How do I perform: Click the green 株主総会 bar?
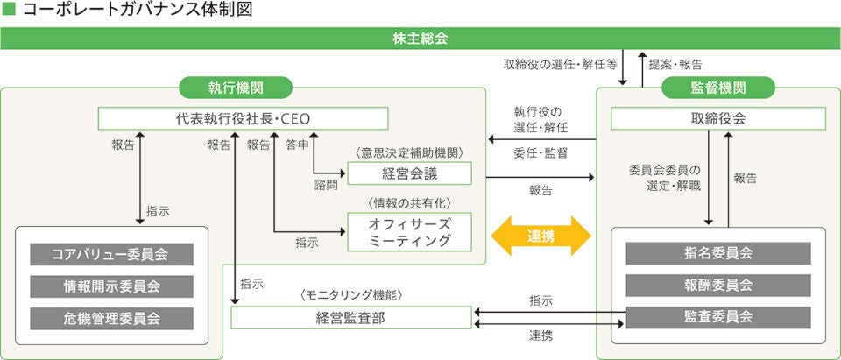pos(420,39)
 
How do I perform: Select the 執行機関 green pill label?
pos(236,88)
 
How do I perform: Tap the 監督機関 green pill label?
pos(718,88)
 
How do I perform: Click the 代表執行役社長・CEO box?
pos(244,118)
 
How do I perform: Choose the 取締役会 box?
pos(718,118)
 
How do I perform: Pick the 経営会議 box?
pos(409,173)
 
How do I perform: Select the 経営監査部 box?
pos(350,318)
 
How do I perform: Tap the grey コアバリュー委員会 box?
pos(110,255)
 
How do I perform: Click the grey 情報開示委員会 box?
pos(110,286)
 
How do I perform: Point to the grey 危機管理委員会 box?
pos(110,317)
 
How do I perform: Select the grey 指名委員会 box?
pos(718,253)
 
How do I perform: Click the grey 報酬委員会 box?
pos(718,285)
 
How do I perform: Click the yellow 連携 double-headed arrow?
pos(541,236)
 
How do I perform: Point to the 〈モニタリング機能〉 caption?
pos(350,296)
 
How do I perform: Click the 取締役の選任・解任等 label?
pos(560,64)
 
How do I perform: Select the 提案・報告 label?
pos(675,64)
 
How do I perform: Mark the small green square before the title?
pos(10,11)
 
